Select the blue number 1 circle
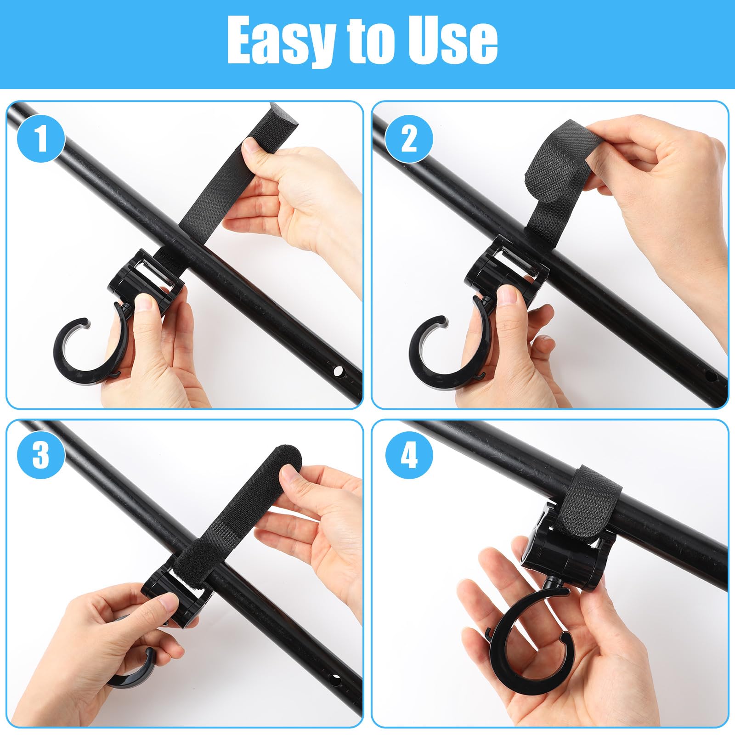coord(41,138)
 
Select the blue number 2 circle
coord(409,138)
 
